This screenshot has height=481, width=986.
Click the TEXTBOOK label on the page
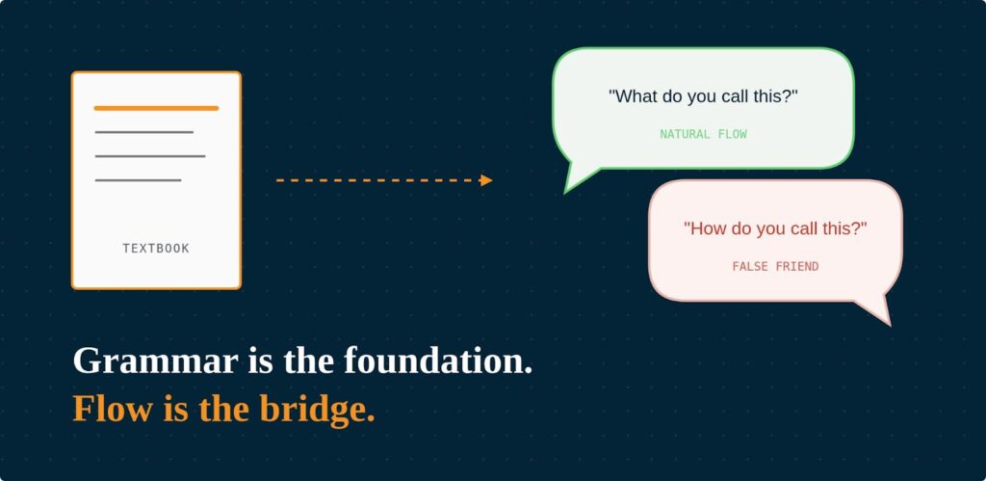click(x=156, y=249)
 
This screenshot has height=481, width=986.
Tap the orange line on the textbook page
click(x=156, y=108)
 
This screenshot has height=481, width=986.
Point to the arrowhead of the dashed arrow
click(x=487, y=180)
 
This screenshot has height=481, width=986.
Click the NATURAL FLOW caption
click(x=703, y=135)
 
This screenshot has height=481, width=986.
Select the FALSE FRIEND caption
click(x=775, y=267)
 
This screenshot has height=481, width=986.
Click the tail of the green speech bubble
click(x=578, y=180)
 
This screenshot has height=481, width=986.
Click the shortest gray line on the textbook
click(x=138, y=180)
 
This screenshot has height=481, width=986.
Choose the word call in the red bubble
click(x=805, y=229)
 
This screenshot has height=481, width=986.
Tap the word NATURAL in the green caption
click(x=685, y=135)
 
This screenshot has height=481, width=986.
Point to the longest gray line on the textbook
click(x=149, y=156)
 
